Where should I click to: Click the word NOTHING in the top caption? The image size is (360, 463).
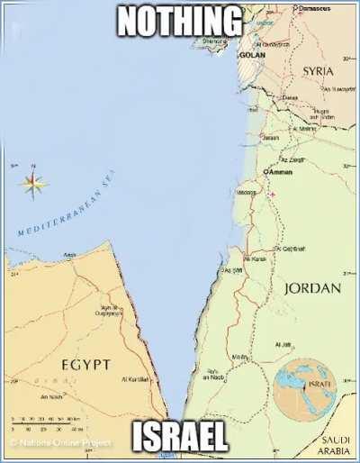coord(180,21)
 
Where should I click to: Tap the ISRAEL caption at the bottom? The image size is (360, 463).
coord(179,439)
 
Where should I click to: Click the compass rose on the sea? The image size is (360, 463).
coord(34,185)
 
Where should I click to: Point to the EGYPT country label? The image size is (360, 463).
coord(85,364)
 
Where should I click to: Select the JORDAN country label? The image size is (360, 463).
coord(312,288)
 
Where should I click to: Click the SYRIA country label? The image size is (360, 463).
coord(318,70)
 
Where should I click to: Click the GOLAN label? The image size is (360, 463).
coord(252,55)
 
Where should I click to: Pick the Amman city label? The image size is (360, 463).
coord(279,171)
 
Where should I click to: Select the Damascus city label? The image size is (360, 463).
coord(312,8)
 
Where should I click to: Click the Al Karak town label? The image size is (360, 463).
coord(255,259)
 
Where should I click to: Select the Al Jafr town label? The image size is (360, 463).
coord(283,344)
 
